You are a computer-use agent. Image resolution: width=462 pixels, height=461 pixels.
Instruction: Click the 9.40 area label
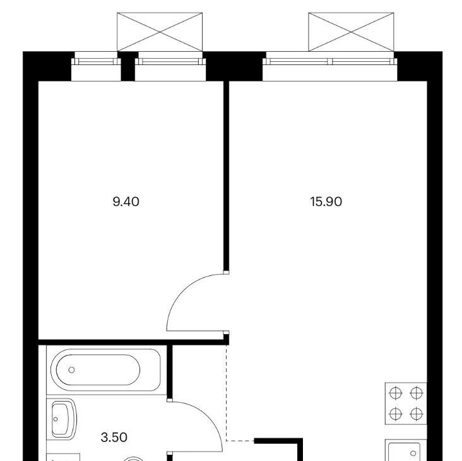126,202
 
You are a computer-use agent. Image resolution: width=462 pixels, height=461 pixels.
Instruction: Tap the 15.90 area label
326,202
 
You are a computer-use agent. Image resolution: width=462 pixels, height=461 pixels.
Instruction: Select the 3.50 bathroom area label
114,438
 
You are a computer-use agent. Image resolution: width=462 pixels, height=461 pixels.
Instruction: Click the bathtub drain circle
71,369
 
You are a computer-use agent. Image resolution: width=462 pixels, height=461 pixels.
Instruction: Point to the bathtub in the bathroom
106,370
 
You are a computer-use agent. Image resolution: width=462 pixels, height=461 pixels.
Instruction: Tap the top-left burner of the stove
395,393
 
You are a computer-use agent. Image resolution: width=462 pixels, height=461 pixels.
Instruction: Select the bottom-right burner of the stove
417,414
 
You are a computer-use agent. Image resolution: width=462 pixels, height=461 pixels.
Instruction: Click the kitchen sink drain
413,453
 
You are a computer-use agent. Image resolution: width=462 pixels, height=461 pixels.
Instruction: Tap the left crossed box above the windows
160,32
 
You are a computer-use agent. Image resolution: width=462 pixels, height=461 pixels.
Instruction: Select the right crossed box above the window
351,32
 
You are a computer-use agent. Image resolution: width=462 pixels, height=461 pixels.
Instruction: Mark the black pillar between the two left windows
128,66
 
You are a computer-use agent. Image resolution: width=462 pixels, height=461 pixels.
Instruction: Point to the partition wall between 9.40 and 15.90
226,177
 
